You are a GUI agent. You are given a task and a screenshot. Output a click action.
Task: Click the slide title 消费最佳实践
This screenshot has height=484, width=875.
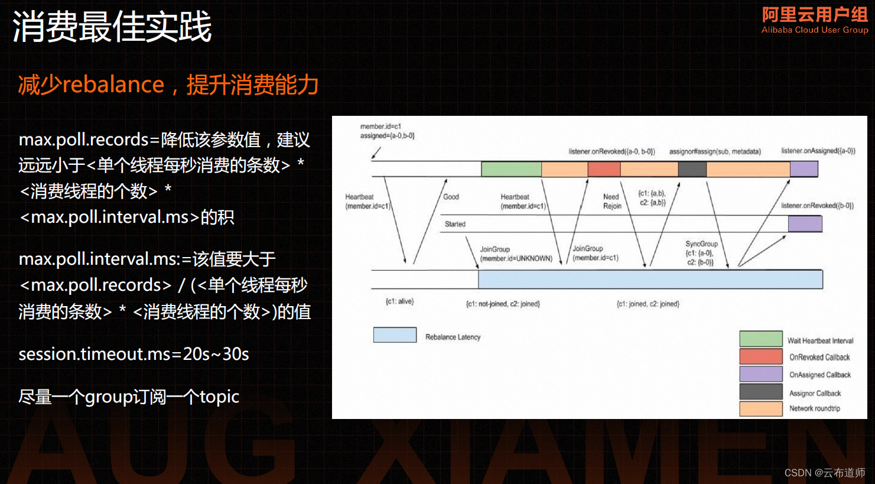click(112, 27)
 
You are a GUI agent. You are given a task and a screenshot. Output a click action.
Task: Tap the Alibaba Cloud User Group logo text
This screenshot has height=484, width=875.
click(814, 20)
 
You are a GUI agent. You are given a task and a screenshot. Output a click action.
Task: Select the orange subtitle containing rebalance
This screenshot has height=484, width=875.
click(168, 85)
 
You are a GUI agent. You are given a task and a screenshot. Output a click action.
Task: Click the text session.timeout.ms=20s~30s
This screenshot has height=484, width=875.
click(134, 354)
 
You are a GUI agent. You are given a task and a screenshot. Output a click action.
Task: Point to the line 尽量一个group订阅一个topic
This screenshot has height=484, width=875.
click(129, 397)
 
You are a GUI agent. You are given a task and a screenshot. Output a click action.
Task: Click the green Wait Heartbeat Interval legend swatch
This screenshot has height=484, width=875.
click(760, 339)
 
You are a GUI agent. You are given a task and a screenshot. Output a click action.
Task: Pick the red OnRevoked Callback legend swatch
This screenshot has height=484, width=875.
click(760, 356)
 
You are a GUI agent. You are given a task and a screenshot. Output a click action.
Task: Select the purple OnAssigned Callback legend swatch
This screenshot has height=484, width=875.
click(760, 374)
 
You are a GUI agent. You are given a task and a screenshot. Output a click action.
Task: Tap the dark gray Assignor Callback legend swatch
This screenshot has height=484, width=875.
click(760, 392)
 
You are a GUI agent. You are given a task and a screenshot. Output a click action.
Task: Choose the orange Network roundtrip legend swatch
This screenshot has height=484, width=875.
click(760, 408)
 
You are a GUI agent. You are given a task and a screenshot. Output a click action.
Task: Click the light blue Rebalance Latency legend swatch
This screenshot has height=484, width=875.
click(395, 335)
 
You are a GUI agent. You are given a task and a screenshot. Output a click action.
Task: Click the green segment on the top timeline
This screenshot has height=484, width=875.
click(511, 169)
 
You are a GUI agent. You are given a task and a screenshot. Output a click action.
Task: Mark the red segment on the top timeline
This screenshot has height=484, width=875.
click(604, 169)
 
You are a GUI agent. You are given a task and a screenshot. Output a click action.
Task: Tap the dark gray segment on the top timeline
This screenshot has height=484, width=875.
click(692, 169)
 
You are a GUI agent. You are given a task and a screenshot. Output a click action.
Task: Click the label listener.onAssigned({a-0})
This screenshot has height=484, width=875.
click(818, 151)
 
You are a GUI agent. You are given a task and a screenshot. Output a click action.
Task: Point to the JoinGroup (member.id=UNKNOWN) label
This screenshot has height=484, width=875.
click(516, 254)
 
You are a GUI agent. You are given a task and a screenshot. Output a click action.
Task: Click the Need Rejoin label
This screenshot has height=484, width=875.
click(611, 202)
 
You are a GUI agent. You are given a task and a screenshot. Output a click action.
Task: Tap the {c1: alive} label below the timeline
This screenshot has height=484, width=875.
click(399, 301)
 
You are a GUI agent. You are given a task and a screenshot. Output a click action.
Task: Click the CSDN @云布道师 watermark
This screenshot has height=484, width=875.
click(824, 473)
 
